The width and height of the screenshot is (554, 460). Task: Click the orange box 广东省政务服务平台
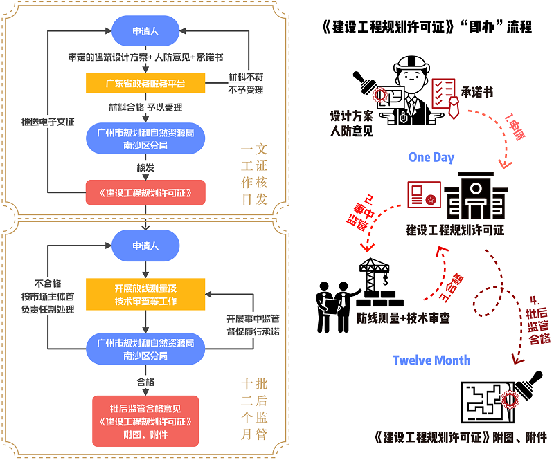click(x=145, y=83)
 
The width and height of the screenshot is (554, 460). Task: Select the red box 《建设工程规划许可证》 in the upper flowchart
click(x=145, y=192)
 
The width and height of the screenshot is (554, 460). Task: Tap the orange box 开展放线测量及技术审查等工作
click(x=145, y=294)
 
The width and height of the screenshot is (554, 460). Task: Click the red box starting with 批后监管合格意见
click(x=145, y=421)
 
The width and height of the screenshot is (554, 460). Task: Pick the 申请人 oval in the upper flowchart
click(x=145, y=30)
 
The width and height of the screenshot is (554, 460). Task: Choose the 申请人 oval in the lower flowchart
click(x=145, y=246)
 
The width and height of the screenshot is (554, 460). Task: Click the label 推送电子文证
click(x=48, y=122)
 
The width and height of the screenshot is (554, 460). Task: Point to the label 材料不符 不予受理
click(x=246, y=83)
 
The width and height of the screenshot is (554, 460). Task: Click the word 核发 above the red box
click(x=145, y=167)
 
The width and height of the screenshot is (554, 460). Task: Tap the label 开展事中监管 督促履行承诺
click(x=253, y=325)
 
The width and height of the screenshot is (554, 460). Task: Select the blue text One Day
click(x=431, y=157)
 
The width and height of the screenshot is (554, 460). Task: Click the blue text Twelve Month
click(x=431, y=360)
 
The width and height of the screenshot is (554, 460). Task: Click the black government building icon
click(x=476, y=195)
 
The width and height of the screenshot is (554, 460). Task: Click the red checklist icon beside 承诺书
click(x=445, y=98)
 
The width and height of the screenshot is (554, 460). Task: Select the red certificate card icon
click(x=424, y=194)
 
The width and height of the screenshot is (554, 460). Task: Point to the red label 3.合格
click(x=452, y=288)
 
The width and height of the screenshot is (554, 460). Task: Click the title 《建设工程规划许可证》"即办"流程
click(x=427, y=27)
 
